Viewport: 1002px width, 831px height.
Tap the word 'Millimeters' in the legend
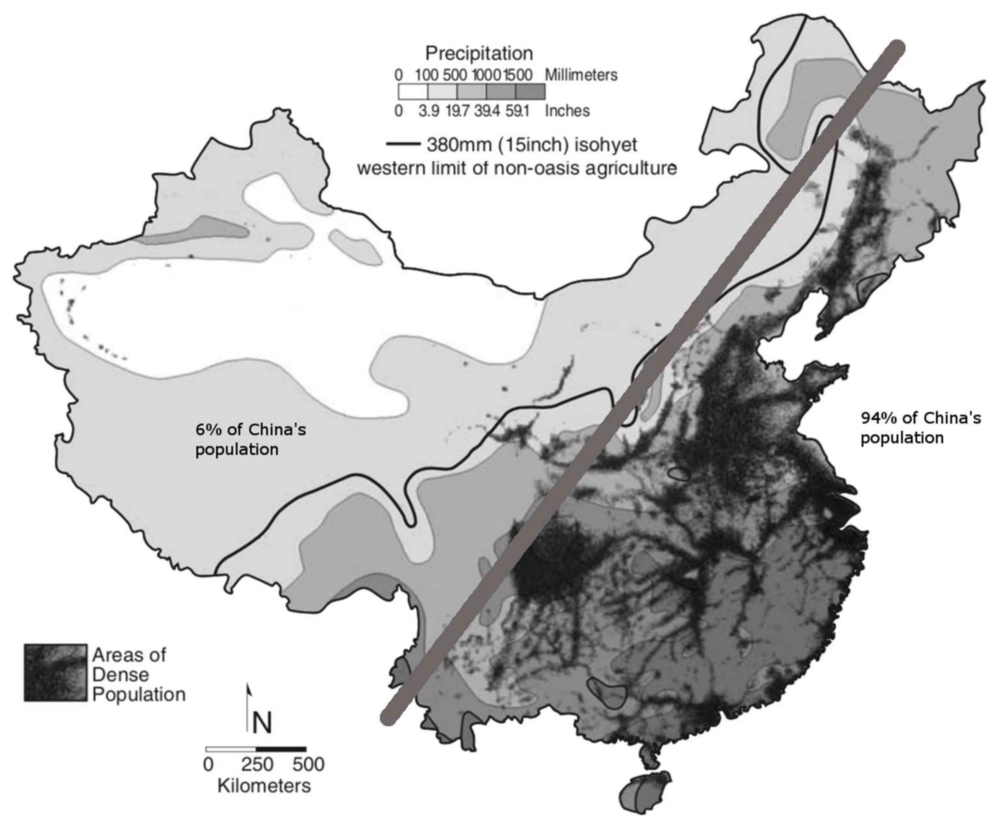pyautogui.click(x=581, y=75)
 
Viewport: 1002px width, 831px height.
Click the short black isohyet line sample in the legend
pyautogui.click(x=403, y=144)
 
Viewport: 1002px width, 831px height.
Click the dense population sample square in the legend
pyautogui.click(x=55, y=673)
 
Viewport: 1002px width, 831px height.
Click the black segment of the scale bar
pyautogui.click(x=281, y=749)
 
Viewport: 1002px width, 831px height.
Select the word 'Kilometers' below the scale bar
pyautogui.click(x=264, y=786)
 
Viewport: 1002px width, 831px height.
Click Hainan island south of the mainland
pyautogui.click(x=644, y=792)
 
